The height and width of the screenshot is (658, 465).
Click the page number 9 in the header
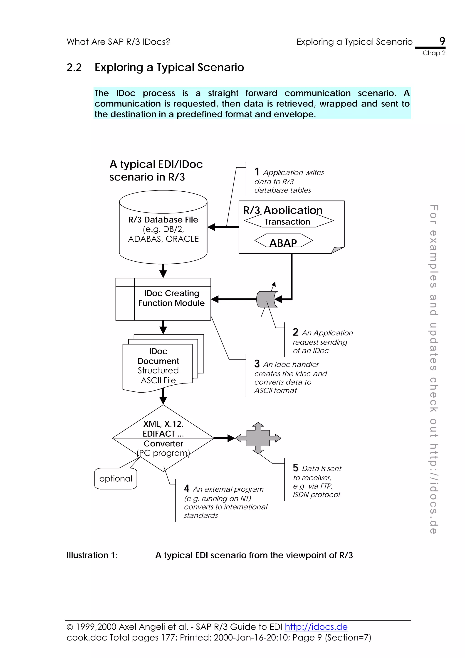[x=442, y=41]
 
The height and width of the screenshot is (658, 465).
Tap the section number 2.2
[x=74, y=67]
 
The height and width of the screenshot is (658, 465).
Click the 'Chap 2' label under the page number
[x=434, y=53]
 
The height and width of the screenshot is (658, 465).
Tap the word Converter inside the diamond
[x=163, y=443]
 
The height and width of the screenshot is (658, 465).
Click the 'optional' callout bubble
[x=116, y=479]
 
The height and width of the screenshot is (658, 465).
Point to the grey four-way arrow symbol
[x=258, y=438]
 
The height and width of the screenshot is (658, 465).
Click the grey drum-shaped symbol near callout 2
[x=267, y=299]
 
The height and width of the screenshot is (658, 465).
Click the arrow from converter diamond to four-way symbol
[x=224, y=438]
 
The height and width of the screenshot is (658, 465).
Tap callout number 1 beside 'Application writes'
[x=257, y=172]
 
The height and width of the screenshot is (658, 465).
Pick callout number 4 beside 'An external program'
[x=186, y=488]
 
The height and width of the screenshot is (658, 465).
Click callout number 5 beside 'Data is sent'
[x=295, y=468]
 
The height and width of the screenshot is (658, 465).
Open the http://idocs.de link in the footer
[x=316, y=627]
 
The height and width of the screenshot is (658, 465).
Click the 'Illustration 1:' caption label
[x=92, y=555]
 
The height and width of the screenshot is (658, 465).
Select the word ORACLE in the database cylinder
[x=182, y=239]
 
